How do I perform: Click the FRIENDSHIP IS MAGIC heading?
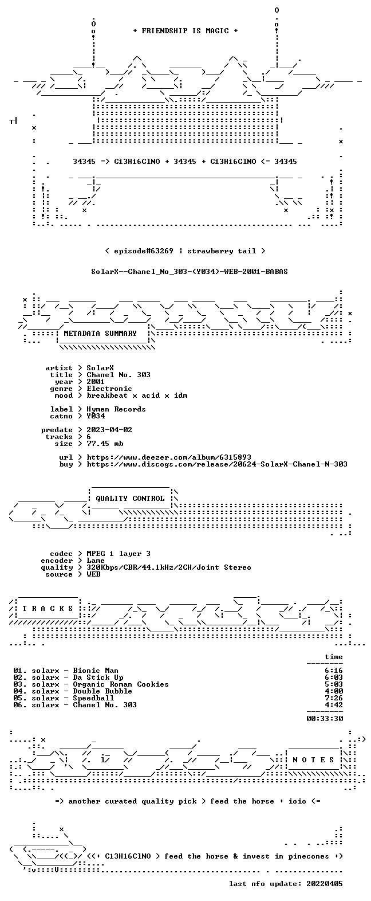tap(185, 30)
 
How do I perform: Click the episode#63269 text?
tap(144, 251)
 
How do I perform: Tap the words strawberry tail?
tap(222, 251)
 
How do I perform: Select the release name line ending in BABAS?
tap(190, 272)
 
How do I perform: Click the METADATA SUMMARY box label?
tap(100, 334)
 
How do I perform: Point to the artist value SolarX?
tap(100, 368)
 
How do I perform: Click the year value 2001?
tap(95, 382)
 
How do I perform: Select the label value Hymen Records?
tap(116, 409)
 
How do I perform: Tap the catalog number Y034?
tap(95, 416)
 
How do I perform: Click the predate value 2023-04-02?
tap(109, 430)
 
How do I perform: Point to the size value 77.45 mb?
tap(105, 444)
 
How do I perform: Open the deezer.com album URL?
tap(169, 457)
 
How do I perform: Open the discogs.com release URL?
tap(217, 464)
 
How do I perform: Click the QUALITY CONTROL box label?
tap(130, 499)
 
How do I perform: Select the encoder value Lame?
tap(95, 561)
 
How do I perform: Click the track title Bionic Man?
tap(96, 671)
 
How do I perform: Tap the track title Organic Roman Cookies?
tap(121, 684)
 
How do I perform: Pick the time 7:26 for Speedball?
tap(334, 698)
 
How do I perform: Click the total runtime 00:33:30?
tap(325, 718)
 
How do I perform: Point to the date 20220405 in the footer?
tap(325, 884)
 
